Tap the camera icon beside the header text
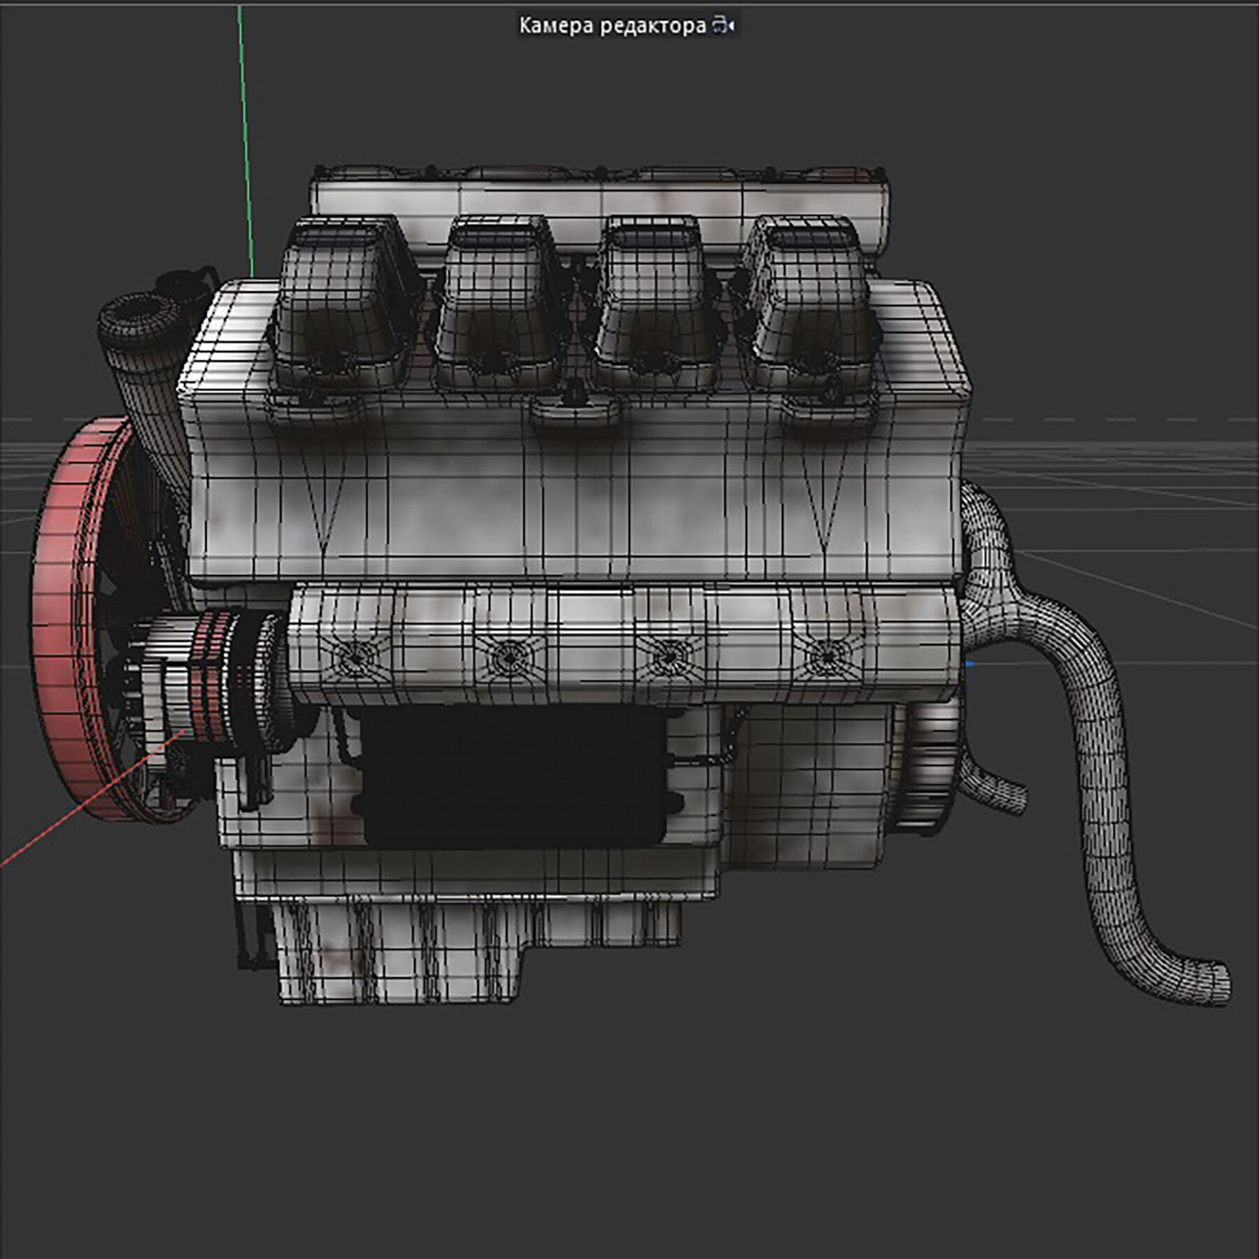point(723,27)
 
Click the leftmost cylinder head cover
point(343,308)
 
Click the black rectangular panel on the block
point(514,776)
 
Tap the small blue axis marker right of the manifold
point(970,664)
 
